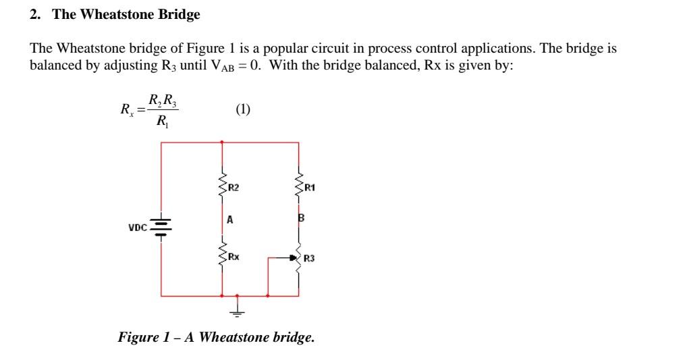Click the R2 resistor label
[233, 187]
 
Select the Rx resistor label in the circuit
[233, 257]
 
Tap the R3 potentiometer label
[309, 257]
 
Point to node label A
[229, 220]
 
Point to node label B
[301, 218]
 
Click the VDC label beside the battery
[138, 228]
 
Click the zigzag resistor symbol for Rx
[222, 255]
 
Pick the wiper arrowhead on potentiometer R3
[294, 257]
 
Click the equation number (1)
[244, 109]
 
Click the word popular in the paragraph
[281, 49]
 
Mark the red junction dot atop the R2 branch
[222, 143]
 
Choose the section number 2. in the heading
[35, 14]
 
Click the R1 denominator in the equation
[161, 122]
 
